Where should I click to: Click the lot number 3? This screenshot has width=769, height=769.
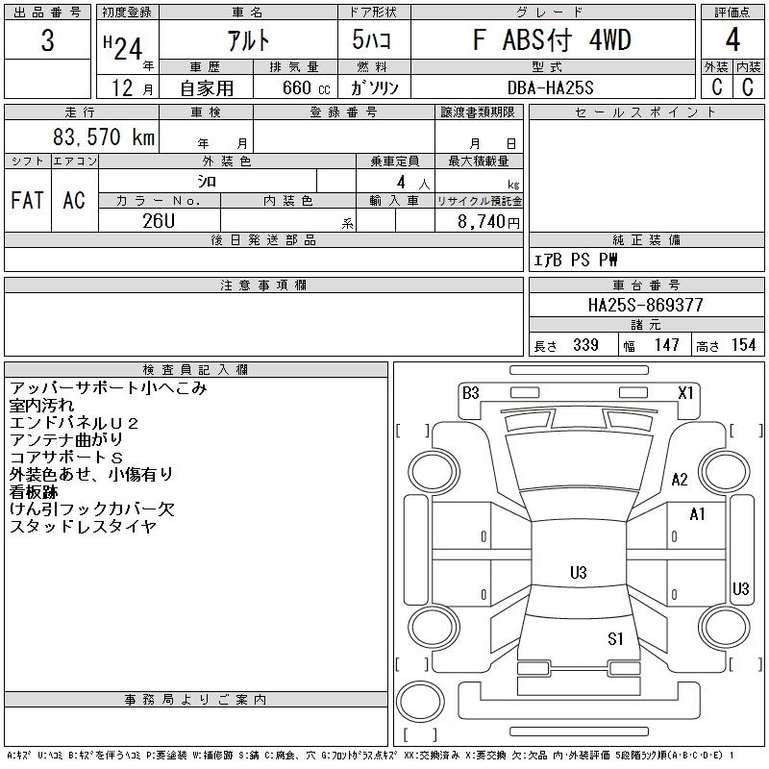point(47,42)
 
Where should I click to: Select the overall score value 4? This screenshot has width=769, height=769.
point(732,41)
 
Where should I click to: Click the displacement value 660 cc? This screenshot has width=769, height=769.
point(294,87)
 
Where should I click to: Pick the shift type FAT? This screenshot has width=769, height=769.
point(27,200)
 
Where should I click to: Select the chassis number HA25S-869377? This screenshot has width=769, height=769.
point(645,305)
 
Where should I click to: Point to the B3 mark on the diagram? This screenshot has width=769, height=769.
point(470,392)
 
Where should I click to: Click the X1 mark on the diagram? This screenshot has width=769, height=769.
point(686,392)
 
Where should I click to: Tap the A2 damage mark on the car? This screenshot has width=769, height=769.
point(681,480)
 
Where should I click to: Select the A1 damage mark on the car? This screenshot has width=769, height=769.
point(698,514)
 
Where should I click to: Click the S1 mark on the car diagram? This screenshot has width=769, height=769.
point(616,637)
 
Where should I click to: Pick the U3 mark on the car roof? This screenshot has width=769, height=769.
point(578,573)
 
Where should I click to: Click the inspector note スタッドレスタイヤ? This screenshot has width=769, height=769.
point(83,526)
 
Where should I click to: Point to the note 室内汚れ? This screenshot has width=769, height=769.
point(41,406)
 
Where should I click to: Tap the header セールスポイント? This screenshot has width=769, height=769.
point(645,112)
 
